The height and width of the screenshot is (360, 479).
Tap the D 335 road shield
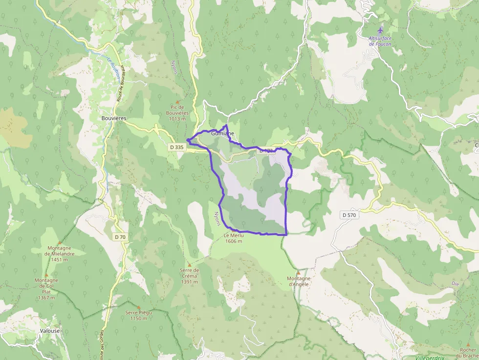177,147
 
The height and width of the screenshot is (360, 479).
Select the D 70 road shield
120,237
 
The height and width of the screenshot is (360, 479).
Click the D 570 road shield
350,215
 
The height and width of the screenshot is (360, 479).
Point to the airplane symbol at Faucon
381,31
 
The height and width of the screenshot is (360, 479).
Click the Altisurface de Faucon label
380,41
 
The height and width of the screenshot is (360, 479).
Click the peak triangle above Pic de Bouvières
177,102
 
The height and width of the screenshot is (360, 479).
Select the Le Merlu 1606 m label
234,238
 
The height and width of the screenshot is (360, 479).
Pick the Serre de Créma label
189,275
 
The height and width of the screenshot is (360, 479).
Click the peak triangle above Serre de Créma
189,265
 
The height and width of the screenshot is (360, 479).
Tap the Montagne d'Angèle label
299,281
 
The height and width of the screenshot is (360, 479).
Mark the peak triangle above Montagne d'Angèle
298,273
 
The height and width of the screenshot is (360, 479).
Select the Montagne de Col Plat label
46,289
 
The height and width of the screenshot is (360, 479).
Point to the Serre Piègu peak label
138,315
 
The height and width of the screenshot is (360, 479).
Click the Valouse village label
50,331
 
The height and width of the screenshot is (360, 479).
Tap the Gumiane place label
223,133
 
